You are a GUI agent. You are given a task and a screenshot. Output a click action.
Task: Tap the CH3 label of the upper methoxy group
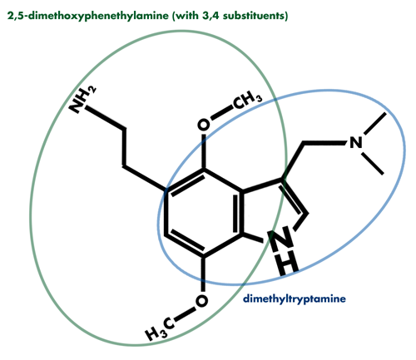tap(247, 100)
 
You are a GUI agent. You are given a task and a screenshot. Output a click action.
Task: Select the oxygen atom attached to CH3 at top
tap(204, 125)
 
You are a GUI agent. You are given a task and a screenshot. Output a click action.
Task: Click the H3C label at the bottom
tap(160, 329)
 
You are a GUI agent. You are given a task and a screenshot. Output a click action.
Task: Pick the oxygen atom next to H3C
tap(201, 301)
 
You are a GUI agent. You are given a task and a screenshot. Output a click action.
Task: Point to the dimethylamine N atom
tap(356, 142)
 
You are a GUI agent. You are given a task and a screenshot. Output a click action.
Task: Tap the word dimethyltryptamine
tap(295, 299)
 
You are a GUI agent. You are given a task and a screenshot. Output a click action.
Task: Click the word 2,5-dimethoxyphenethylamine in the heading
tap(88, 16)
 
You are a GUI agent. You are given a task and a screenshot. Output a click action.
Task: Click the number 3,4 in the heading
tap(211, 16)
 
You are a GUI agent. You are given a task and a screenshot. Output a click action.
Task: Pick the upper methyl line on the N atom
tap(374, 124)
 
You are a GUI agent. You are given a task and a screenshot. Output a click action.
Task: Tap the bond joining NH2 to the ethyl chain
tap(105, 118)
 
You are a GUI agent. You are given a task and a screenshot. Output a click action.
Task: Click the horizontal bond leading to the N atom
tap(324, 143)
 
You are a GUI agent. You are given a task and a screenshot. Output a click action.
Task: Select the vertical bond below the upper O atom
tap(204, 151)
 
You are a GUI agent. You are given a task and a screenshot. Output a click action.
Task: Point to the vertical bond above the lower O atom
tap(203, 274)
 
